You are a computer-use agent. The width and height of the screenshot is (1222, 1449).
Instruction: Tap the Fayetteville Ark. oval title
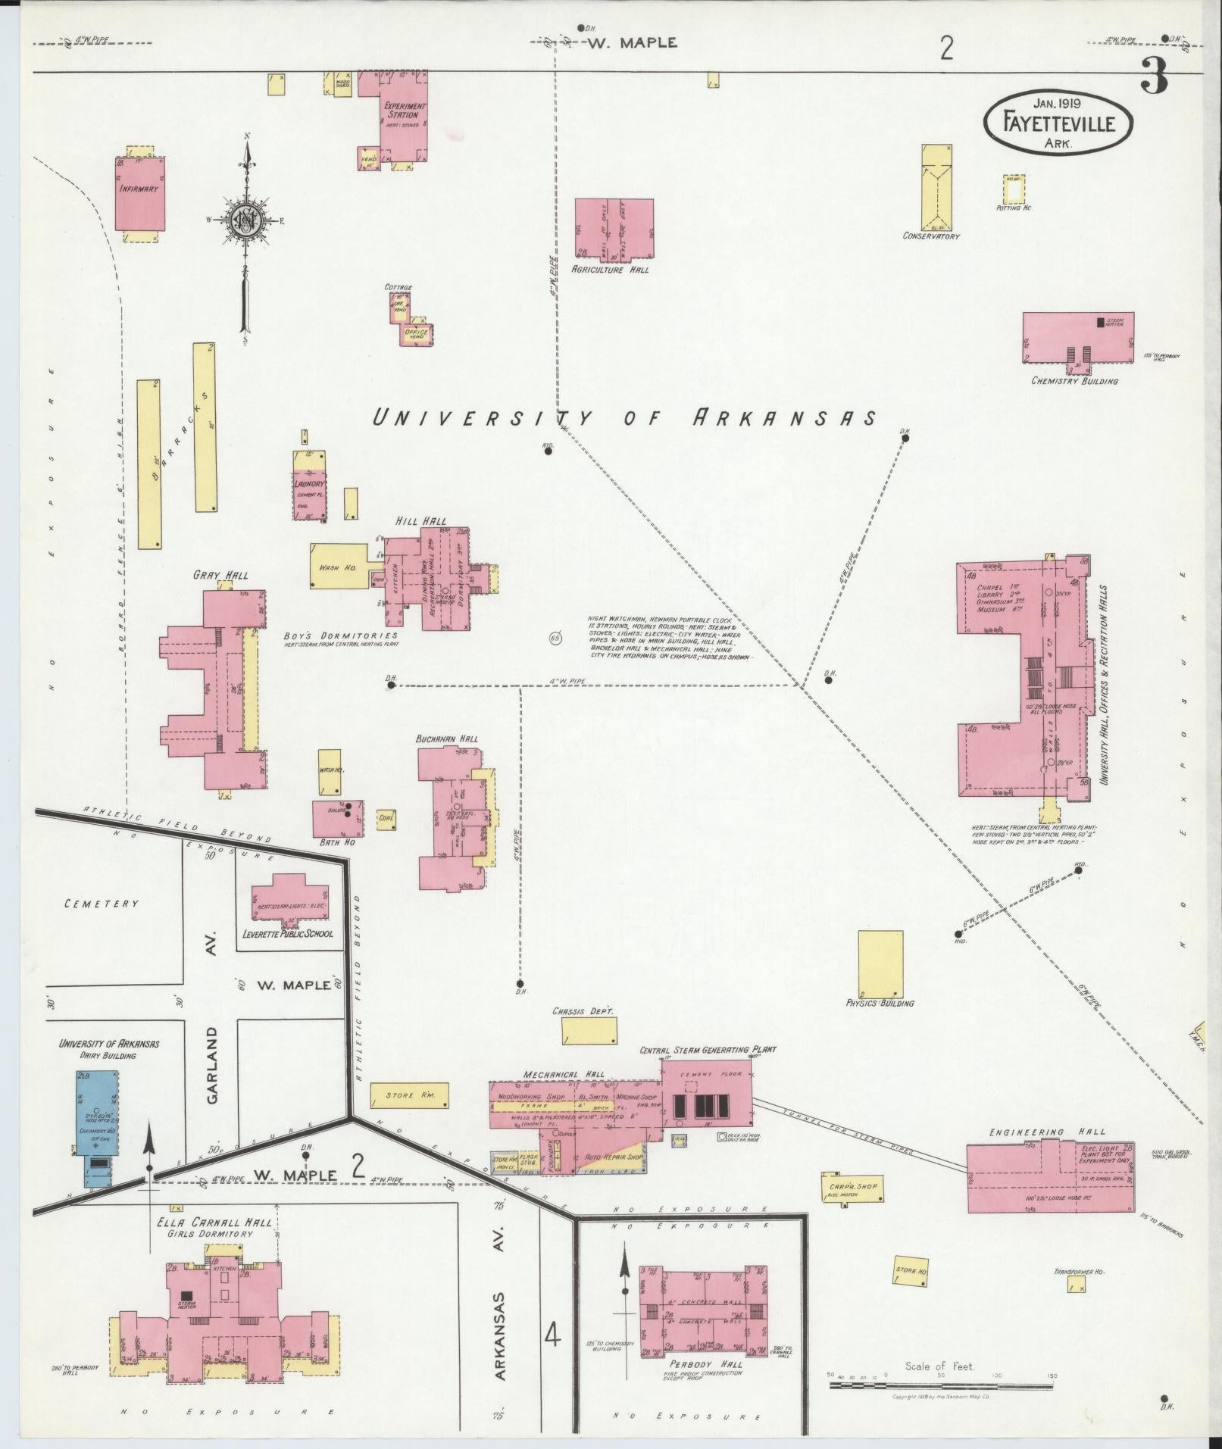tap(1058, 122)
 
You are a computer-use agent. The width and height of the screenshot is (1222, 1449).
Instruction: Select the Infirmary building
tap(139, 194)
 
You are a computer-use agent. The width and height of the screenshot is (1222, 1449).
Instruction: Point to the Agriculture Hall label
tap(610, 269)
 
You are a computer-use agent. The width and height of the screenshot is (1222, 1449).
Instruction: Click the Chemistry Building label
tap(1074, 380)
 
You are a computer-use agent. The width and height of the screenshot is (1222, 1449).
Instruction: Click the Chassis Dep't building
tap(589, 1031)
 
